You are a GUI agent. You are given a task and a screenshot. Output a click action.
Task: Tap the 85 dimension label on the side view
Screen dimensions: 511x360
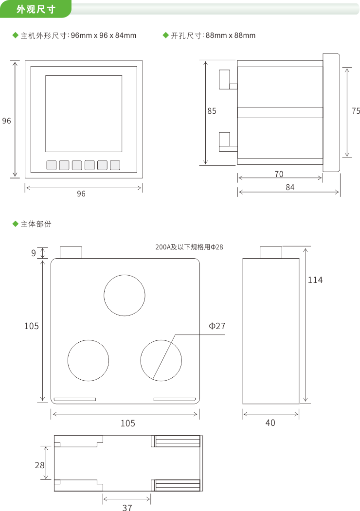tap(212, 111)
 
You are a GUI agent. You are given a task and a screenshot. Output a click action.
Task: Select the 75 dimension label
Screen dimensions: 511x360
tap(356, 111)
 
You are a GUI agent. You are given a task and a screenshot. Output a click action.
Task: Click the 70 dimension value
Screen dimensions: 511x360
tap(279, 174)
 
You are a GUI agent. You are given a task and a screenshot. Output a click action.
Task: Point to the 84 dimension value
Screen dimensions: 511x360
tap(290, 187)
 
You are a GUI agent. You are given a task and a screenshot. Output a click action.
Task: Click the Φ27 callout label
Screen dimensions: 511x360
tap(217, 326)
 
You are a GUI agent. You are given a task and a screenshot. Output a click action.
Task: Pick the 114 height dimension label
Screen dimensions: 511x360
tap(315, 280)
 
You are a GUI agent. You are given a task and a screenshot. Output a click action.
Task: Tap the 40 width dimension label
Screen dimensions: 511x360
tap(270, 423)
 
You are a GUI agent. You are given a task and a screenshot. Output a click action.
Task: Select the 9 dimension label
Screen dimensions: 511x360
tap(34, 253)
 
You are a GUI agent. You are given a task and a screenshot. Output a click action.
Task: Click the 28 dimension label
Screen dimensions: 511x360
tap(39, 465)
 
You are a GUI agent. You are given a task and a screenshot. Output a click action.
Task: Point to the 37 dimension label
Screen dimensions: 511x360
tap(127, 508)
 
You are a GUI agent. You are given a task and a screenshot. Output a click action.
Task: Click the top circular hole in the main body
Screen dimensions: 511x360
tap(125, 295)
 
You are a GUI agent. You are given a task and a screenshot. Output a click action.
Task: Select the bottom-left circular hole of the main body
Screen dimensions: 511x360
tap(88, 360)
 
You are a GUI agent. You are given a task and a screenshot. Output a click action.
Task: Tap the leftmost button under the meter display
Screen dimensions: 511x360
tap(52, 165)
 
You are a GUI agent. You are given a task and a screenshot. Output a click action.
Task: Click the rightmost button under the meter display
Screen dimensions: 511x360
tap(115, 165)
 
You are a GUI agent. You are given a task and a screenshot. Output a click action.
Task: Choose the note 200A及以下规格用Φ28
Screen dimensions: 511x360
tap(189, 247)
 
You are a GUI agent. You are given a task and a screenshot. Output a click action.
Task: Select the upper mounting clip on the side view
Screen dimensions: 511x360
tap(224, 79)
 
